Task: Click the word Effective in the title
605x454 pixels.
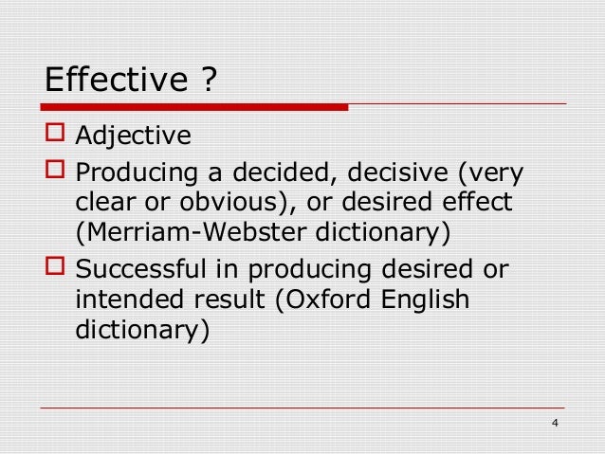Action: pos(112,79)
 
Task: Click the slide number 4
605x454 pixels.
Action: pos(555,423)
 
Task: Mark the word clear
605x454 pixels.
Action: pos(104,203)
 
